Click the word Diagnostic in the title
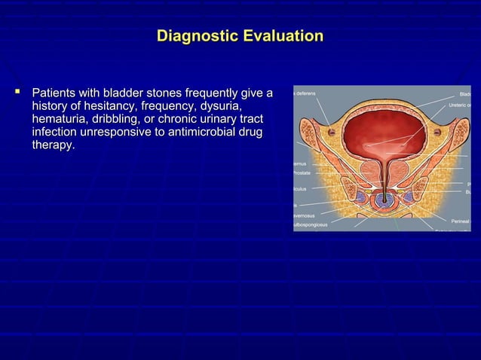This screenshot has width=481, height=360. [195, 36]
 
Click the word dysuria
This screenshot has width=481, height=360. [217, 106]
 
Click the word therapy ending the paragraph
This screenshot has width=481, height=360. [52, 145]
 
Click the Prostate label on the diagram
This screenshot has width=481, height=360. [302, 173]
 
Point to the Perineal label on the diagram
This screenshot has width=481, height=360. [460, 221]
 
